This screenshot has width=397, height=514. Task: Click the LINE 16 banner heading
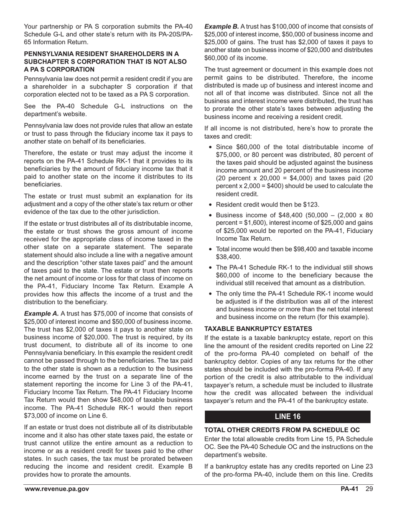click(x=288, y=416)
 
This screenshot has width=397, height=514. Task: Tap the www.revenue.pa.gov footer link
click(x=56, y=489)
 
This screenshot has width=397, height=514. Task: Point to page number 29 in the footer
click(x=368, y=489)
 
